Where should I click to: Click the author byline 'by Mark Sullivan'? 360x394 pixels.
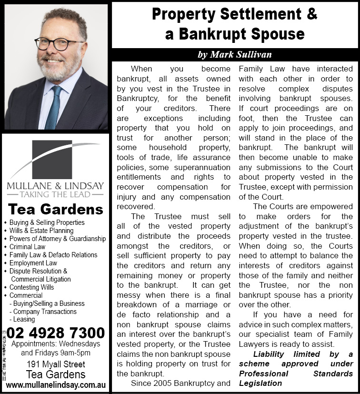(x=235, y=54)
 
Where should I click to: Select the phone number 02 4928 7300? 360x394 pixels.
(x=56, y=332)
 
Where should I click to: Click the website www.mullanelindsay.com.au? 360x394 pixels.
(x=56, y=384)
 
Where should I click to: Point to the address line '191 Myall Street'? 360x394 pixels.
(x=56, y=364)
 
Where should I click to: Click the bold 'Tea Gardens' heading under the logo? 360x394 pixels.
(x=56, y=209)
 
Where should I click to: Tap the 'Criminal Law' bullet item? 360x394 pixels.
(x=27, y=247)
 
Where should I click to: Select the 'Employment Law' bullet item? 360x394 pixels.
(x=33, y=263)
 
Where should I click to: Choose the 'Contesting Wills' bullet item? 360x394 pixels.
(x=32, y=287)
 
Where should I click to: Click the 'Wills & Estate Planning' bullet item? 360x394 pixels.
(x=41, y=231)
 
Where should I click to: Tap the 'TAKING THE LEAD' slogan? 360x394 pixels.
(x=55, y=194)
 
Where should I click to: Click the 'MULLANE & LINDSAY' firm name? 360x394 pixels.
(x=55, y=185)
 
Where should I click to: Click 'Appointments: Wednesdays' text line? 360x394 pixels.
(x=56, y=343)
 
